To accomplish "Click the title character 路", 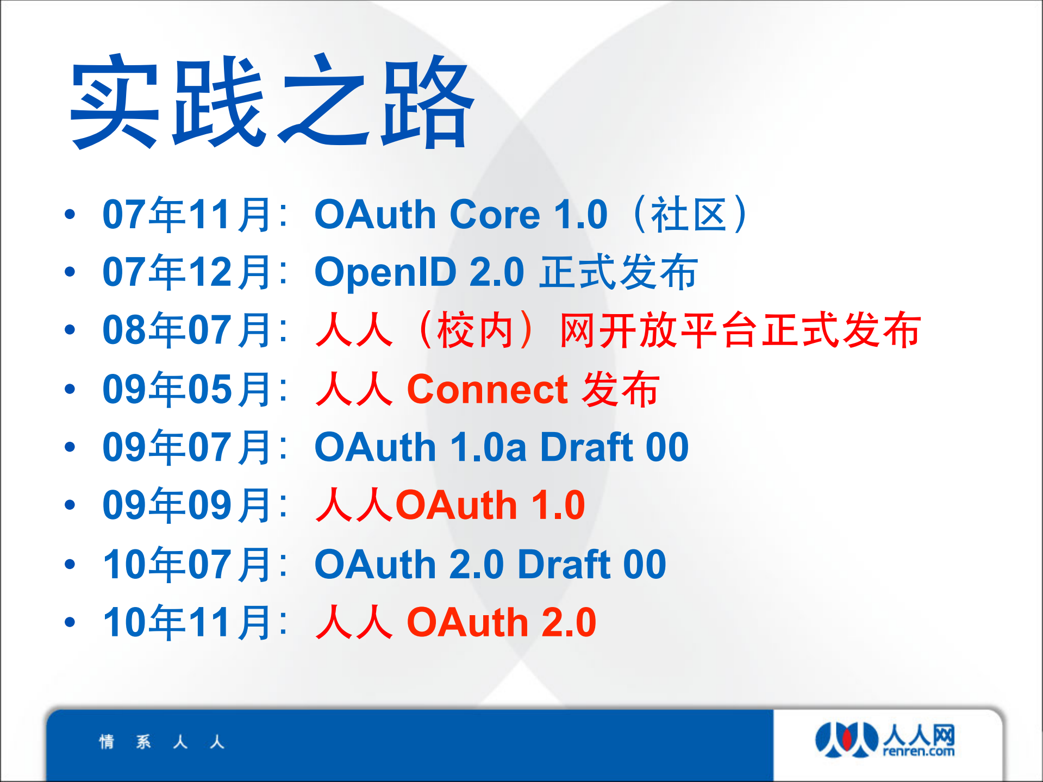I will [x=428, y=103].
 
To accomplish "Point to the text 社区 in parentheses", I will [x=689, y=215].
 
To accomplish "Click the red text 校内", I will [x=476, y=330].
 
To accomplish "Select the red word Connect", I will [x=488, y=390].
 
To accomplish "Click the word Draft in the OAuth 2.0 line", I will [x=564, y=564].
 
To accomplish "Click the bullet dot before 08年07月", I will [x=70, y=330].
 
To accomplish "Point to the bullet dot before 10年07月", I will [x=70, y=564].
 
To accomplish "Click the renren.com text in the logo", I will [x=918, y=752].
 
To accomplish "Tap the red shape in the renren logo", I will [x=846, y=739].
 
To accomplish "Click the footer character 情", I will [x=107, y=742].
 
